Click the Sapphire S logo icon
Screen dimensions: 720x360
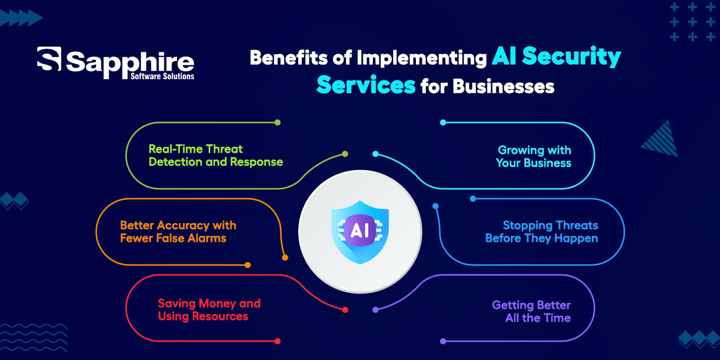click(49, 59)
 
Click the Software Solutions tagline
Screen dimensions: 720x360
click(163, 76)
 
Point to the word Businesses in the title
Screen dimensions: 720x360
click(503, 86)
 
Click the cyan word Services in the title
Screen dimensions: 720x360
click(366, 85)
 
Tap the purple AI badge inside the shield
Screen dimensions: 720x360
click(359, 230)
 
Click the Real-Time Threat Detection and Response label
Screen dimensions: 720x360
click(216, 156)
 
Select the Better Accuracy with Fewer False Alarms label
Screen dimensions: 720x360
click(178, 232)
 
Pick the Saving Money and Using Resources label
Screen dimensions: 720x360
click(209, 310)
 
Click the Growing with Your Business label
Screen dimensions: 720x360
click(534, 157)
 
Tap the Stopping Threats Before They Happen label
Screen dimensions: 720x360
click(542, 232)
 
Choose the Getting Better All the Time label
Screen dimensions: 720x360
click(531, 312)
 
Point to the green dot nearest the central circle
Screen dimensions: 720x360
click(345, 154)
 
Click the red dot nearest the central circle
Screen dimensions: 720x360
click(345, 310)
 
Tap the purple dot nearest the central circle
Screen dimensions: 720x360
click(375, 310)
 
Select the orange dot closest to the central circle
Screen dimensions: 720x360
click(285, 258)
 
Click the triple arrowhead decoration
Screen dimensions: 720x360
click(21, 17)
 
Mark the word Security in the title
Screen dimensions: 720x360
click(571, 57)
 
